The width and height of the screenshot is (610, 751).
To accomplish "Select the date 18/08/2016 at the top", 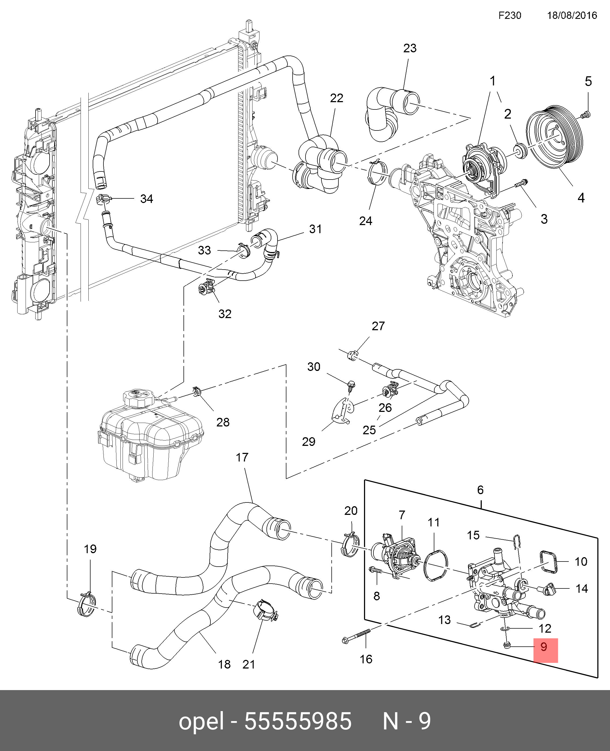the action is (572, 15).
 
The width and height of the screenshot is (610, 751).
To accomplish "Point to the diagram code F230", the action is (510, 15).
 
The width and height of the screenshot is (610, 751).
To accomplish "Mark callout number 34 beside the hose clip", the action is (147, 199).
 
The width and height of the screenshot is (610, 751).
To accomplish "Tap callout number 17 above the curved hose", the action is (242, 457).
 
